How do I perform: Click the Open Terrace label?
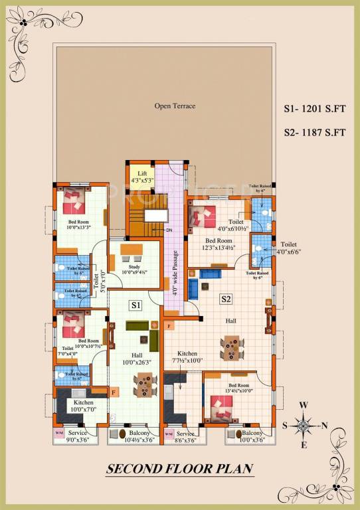[175, 106]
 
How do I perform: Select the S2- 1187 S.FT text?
[314, 131]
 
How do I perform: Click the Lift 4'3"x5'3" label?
[142, 177]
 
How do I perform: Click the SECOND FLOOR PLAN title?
[180, 468]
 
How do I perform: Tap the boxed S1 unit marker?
[135, 305]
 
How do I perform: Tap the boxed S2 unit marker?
[226, 299]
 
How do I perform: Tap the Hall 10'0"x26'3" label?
[136, 359]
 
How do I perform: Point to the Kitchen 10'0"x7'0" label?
[84, 406]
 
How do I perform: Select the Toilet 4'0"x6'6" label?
[289, 248]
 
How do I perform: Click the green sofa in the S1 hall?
[138, 326]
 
